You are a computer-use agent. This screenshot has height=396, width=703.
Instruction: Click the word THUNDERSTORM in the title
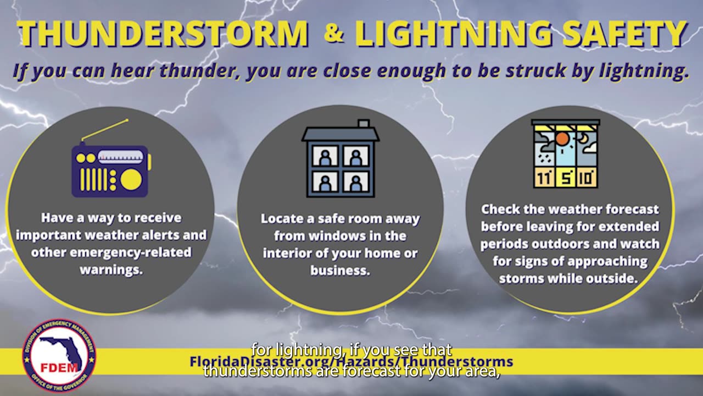point(163,34)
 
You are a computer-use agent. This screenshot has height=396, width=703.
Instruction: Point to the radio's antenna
point(105,130)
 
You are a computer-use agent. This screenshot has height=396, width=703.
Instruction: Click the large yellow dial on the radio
point(131,179)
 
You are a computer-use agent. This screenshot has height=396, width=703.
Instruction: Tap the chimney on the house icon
point(364,124)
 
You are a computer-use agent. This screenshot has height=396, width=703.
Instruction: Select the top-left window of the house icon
point(325,156)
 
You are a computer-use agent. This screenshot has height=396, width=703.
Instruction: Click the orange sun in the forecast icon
point(562,139)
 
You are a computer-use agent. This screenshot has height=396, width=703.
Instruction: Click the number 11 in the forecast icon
point(544,178)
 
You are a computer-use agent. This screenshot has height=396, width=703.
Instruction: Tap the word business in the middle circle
point(339,271)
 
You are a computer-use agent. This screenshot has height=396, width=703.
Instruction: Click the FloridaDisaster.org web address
point(351,361)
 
